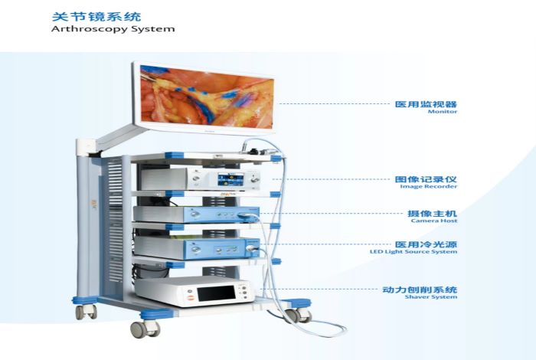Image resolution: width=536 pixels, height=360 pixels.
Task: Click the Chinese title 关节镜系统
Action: point(96,17)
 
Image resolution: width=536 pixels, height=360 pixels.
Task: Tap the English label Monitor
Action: point(443,112)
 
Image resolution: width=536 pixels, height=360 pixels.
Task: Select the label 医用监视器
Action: point(426,104)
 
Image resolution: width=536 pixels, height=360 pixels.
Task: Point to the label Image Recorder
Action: point(429,186)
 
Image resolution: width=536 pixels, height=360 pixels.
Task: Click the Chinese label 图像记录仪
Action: point(426,179)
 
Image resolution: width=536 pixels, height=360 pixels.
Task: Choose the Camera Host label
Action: point(434,221)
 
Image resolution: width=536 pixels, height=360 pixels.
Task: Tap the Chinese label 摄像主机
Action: point(432,214)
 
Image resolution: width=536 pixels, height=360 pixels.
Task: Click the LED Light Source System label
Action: point(413,252)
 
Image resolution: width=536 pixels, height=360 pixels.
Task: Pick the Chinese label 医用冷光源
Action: point(426,244)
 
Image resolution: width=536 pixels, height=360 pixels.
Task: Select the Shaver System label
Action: point(431,296)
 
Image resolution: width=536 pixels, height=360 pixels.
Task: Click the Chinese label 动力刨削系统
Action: point(420,290)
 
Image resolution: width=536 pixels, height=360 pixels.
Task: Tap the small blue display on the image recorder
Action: point(230,179)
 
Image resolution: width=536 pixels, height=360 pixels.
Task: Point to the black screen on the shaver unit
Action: point(216,293)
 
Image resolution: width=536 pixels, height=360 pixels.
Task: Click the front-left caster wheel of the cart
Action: point(145,329)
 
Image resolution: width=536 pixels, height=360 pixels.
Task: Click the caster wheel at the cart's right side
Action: point(298,316)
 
